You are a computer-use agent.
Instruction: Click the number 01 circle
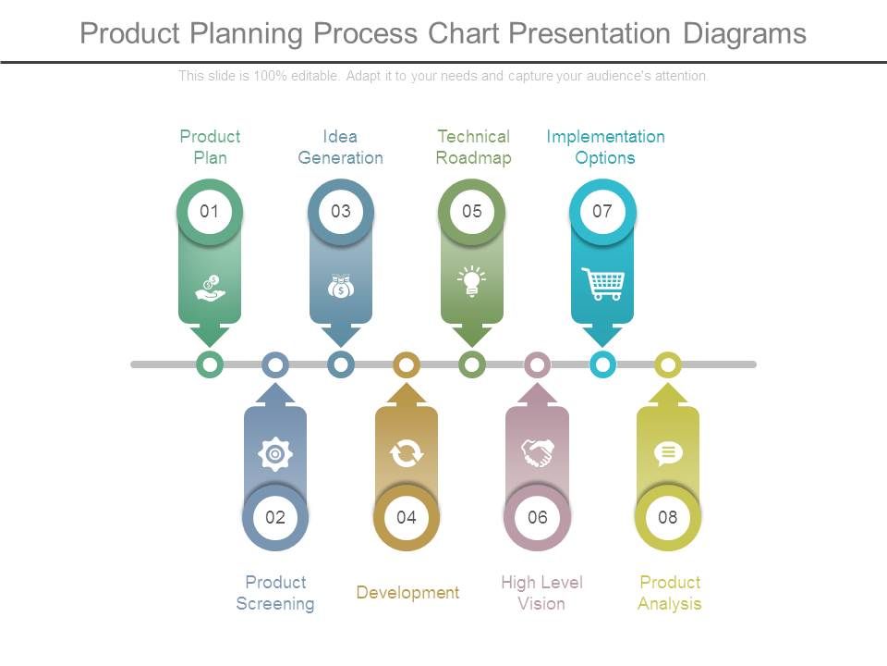point(210,212)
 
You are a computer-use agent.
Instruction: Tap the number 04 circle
point(407,517)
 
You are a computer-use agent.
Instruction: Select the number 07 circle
point(602,212)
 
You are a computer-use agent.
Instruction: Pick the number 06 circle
point(537,517)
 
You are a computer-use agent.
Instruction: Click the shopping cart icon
point(602,284)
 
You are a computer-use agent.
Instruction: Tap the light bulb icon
point(472,281)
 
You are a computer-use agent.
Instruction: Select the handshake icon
point(537,453)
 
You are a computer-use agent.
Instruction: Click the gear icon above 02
point(275,453)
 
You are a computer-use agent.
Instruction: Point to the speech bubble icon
point(668,453)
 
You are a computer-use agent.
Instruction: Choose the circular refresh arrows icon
point(407,453)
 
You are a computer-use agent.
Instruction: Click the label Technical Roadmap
point(473,147)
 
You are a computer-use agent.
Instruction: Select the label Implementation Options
point(605,147)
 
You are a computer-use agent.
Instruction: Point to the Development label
point(407,593)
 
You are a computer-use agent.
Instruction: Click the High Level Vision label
point(541,593)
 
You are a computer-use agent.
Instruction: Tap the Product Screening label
point(275,593)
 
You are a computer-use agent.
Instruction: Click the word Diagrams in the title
point(745,33)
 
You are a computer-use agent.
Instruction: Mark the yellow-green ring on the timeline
point(668,364)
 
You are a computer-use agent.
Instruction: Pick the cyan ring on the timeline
point(602,364)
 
